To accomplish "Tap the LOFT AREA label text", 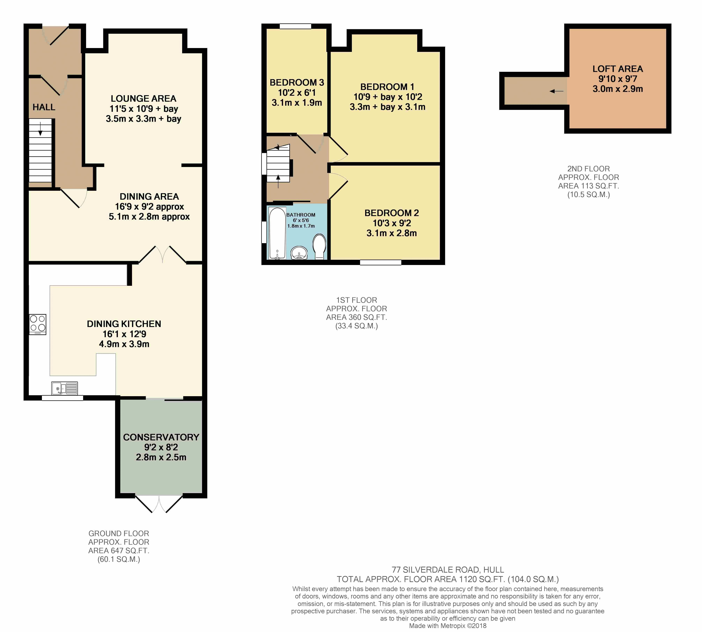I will coord(618,69).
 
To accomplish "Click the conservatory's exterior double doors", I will coord(159,503).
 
